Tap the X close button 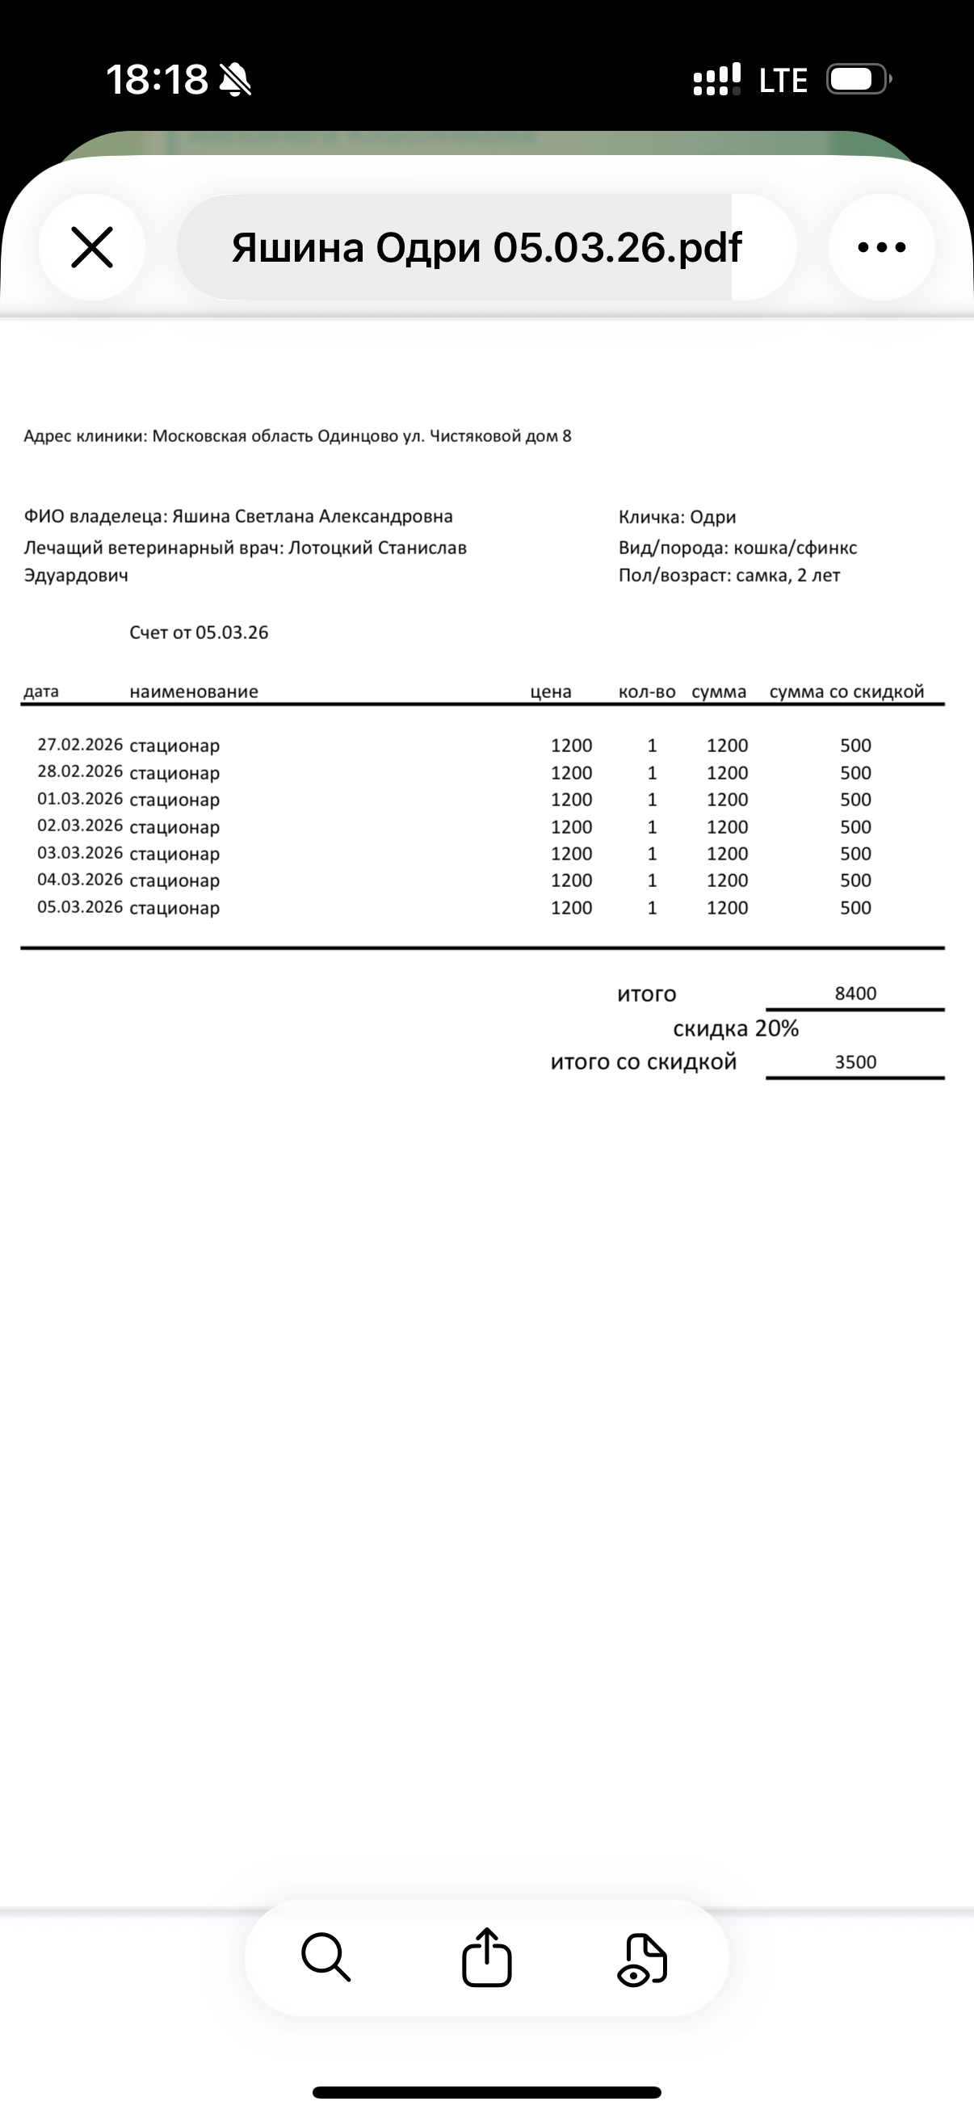tap(92, 247)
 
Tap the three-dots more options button tap(881, 247)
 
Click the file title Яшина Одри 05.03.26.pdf tap(485, 247)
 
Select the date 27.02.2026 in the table tap(80, 745)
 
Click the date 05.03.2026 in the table tap(80, 907)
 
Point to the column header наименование tap(194, 692)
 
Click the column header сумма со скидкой tap(846, 692)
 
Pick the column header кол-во tap(647, 692)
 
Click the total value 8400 tap(855, 994)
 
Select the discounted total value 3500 tap(855, 1062)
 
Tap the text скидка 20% tap(736, 1028)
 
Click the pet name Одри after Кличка tap(712, 517)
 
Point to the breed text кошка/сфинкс tap(795, 548)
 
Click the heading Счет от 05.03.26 tap(199, 633)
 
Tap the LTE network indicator tap(783, 81)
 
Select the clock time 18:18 tap(157, 80)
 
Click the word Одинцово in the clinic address tap(358, 436)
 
